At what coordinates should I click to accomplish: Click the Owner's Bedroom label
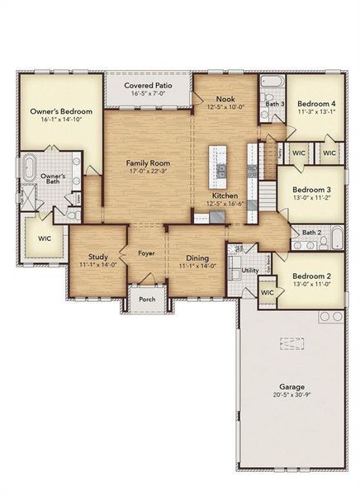60,111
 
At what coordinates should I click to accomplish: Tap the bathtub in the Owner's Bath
31,167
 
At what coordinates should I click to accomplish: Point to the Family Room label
147,163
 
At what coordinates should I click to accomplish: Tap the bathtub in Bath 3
272,83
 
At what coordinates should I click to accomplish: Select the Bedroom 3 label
311,189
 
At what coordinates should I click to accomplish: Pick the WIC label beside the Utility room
267,293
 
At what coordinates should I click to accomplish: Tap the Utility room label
250,271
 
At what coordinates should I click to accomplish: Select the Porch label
147,299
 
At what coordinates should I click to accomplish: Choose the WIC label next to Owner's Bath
44,238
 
